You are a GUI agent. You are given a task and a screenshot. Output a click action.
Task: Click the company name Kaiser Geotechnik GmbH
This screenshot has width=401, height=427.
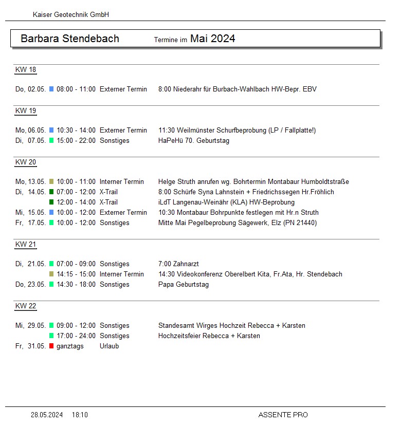(x=71, y=15)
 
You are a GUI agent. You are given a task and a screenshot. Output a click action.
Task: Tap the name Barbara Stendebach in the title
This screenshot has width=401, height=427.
(x=70, y=39)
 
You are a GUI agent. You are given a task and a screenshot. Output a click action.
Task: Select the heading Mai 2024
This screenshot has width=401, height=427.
(x=212, y=39)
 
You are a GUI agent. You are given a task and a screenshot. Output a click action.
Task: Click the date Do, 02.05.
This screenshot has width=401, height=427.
(x=30, y=89)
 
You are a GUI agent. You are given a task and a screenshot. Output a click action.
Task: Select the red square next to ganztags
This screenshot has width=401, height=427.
(x=51, y=346)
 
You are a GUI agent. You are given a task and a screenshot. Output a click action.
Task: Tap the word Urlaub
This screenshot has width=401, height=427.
(x=109, y=346)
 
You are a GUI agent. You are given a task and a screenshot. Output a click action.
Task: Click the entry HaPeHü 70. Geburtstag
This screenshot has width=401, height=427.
(x=194, y=141)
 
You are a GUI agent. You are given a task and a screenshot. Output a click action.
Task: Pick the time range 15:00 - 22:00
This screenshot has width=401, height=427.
(x=76, y=141)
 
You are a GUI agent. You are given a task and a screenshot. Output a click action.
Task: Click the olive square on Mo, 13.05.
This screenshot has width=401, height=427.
(x=51, y=182)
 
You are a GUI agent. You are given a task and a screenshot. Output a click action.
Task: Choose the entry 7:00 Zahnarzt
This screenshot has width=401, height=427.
(x=180, y=264)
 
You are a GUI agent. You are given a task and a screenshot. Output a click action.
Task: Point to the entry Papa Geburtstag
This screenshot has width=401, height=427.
(x=184, y=285)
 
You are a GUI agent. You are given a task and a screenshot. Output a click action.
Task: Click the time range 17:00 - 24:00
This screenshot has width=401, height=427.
(x=76, y=336)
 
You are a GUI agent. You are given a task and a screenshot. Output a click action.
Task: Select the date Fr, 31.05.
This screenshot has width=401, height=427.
(x=30, y=346)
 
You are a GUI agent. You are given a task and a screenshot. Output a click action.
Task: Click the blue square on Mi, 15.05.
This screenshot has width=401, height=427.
(x=51, y=213)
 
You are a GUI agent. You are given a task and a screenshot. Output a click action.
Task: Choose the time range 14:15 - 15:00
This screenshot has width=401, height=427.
(x=76, y=274)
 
